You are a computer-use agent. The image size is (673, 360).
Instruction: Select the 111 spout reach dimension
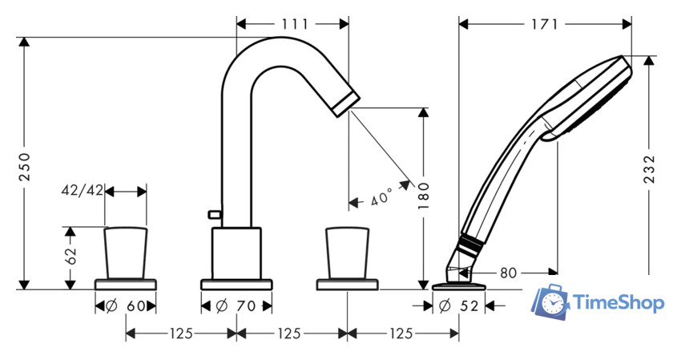point(294,23)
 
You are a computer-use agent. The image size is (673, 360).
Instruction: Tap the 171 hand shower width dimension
point(544,23)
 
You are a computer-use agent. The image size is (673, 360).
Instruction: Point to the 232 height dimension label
point(650,171)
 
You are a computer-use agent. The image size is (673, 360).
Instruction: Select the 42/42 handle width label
point(83,191)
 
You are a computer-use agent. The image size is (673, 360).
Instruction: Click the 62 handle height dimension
point(71,257)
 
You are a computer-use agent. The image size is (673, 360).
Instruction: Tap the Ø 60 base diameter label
point(126,305)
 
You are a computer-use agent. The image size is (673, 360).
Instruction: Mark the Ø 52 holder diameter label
point(461,305)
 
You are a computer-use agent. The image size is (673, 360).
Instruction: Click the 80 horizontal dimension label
point(508,273)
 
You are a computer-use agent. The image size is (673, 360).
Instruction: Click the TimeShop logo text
point(617,303)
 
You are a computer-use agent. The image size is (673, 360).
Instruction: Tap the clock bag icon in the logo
point(550,302)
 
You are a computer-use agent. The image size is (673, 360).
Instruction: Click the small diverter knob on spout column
point(213,214)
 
